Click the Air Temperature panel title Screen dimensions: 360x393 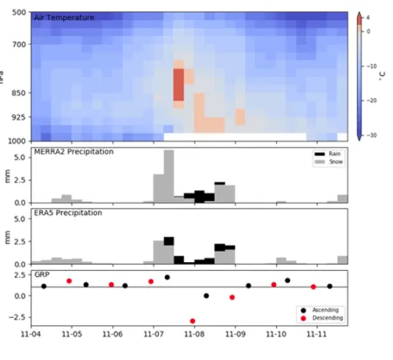pos(64,17)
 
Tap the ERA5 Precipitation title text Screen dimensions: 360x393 pos(68,212)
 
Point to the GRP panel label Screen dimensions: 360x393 pos(41,273)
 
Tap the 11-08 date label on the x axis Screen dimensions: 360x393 pos(194,334)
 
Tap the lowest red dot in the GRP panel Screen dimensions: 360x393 pos(192,321)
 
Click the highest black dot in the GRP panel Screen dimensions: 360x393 pos(168,277)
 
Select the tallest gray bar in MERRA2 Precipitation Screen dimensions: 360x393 pos(169,175)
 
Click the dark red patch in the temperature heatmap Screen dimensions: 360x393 pos(178,85)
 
